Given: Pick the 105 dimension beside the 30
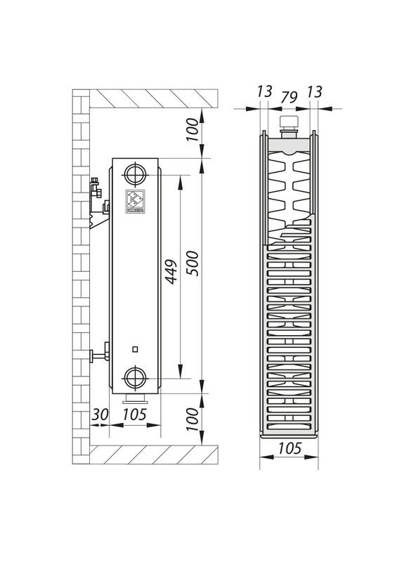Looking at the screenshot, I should click(x=134, y=414).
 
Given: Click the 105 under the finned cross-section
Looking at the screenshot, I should click(x=289, y=448).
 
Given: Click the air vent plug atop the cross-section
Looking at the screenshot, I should click(x=289, y=126).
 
